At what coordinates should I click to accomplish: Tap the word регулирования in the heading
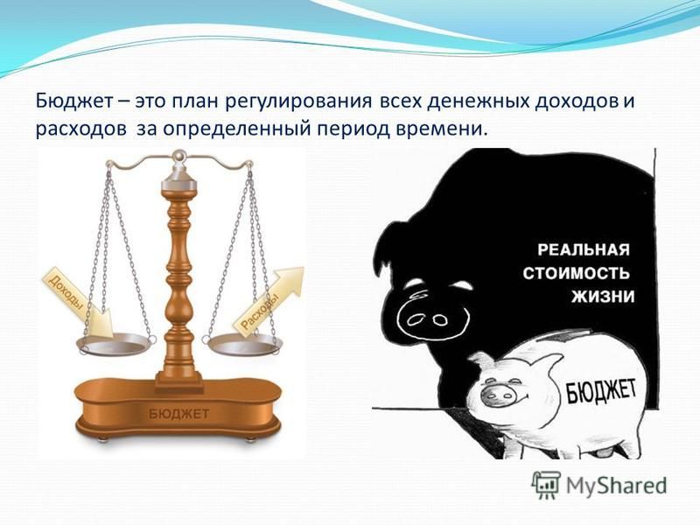coord(297,102)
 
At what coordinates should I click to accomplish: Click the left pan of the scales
coord(115,345)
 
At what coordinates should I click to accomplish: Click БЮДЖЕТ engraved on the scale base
coord(178,414)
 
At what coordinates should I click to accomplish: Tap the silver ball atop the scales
coord(179,155)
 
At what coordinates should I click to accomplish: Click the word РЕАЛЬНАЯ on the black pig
coord(583,249)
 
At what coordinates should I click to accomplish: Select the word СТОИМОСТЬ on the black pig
coord(577,273)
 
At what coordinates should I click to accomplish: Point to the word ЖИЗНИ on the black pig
coord(603,297)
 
